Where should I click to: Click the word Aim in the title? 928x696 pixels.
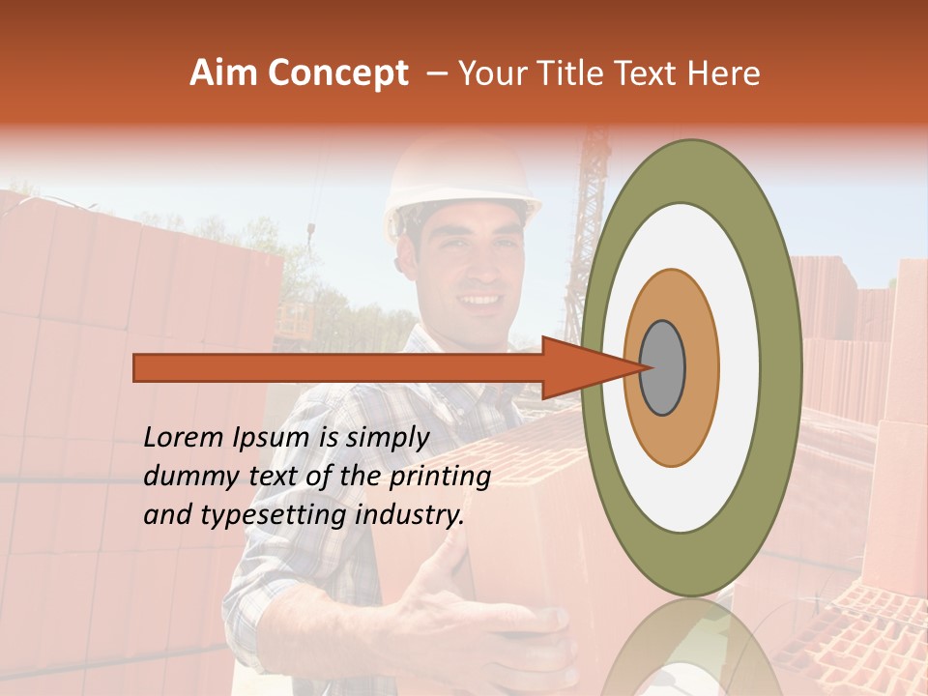(x=224, y=73)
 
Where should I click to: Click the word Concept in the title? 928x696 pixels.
(x=337, y=73)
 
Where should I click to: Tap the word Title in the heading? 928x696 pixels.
(x=574, y=73)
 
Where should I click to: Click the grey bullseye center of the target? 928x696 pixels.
(x=663, y=367)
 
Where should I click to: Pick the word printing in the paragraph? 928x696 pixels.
(x=440, y=478)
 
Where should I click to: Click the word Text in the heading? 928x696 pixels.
(x=651, y=73)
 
